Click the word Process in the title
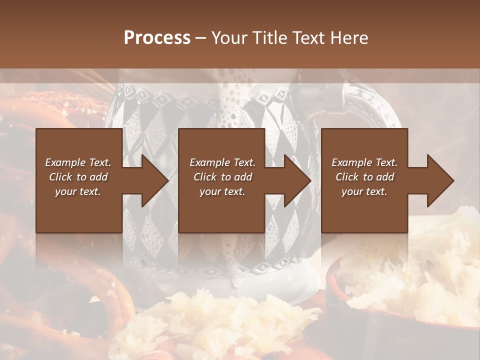(x=157, y=38)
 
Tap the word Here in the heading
(x=349, y=38)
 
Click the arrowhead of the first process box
(x=152, y=180)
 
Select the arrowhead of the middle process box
(x=295, y=180)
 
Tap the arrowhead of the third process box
(x=438, y=180)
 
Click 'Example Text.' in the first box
(x=78, y=162)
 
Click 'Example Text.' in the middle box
(x=222, y=162)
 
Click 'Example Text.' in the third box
(x=364, y=162)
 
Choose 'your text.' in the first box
(x=78, y=191)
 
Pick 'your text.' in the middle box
(x=222, y=191)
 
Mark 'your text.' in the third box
(x=364, y=191)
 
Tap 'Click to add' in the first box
(x=78, y=177)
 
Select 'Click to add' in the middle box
(x=222, y=177)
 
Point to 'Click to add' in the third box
(x=364, y=177)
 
